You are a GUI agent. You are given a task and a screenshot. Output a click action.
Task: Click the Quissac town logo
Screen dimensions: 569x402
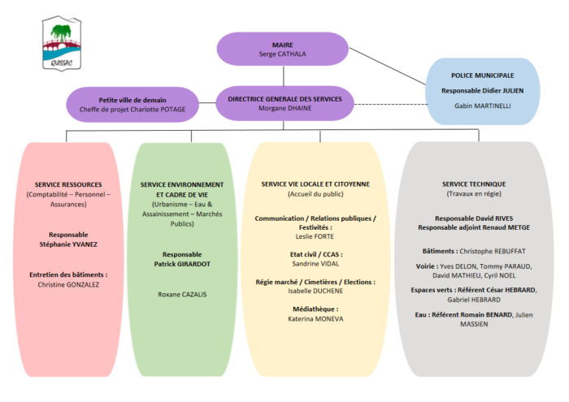point(62,43)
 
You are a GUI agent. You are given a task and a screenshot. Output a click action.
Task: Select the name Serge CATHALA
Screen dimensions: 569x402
point(282,54)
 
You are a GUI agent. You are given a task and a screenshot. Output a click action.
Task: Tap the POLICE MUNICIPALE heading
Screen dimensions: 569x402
point(482,76)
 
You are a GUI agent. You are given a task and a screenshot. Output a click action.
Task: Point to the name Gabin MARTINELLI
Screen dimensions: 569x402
point(482,106)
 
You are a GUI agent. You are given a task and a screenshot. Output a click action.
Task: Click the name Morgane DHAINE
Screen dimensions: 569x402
point(284,108)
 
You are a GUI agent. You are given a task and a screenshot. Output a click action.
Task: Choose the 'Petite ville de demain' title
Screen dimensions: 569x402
point(132,100)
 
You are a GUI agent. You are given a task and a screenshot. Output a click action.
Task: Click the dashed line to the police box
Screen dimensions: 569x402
point(391,105)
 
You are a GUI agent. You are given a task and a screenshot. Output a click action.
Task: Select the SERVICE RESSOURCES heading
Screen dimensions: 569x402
point(68,184)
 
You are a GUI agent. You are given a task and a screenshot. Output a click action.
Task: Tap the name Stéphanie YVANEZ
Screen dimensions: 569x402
point(68,244)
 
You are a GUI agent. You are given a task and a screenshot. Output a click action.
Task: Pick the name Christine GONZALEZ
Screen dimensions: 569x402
point(68,284)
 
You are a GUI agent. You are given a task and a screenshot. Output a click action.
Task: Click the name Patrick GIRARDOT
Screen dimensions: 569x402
point(182,264)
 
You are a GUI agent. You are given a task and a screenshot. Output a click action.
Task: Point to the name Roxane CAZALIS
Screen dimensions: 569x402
point(182,294)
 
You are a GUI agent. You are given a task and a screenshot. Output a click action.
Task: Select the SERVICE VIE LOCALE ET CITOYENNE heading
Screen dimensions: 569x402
point(315,184)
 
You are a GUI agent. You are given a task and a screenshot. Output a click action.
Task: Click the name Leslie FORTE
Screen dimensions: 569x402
point(315,236)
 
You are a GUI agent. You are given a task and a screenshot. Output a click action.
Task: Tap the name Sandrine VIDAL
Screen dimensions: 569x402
point(315,263)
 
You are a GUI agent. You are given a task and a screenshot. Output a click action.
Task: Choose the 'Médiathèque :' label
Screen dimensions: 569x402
point(315,309)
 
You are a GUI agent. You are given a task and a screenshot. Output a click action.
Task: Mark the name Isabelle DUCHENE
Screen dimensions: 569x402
point(315,291)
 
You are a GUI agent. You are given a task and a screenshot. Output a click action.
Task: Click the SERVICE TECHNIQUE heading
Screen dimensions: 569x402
point(474,184)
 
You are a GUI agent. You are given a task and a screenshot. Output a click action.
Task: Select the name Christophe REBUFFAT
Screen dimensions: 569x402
point(493,251)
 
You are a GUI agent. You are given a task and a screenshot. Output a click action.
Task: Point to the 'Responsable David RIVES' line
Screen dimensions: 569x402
point(474,218)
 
